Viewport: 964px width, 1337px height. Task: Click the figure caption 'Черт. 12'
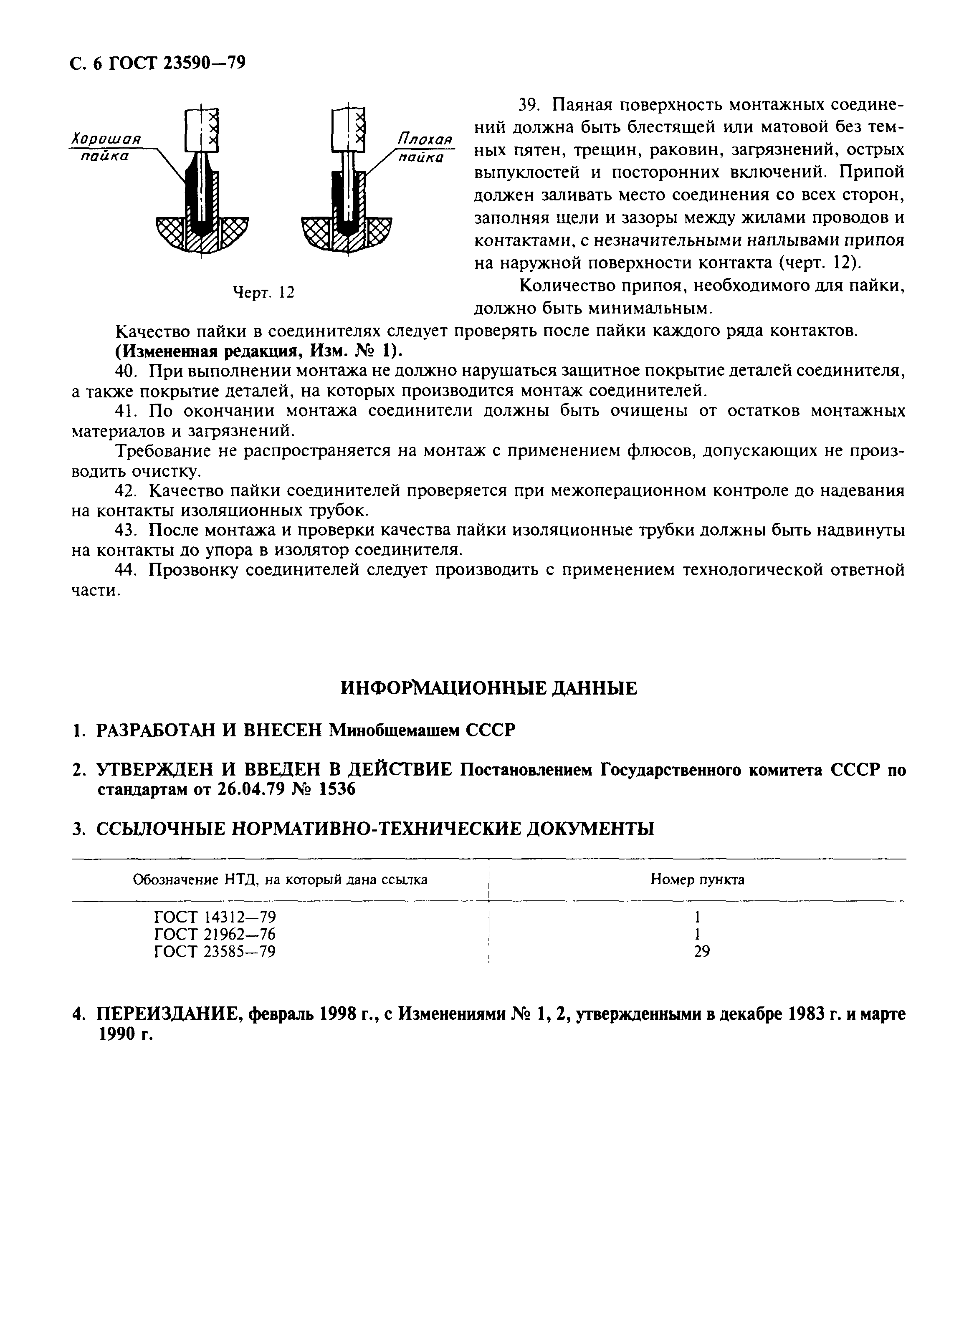pyautogui.click(x=263, y=292)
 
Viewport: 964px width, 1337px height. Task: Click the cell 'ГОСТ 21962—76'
pyautogui.click(x=215, y=934)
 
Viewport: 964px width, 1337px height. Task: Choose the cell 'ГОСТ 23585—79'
pyautogui.click(x=215, y=951)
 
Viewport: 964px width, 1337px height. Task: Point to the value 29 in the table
pyautogui.click(x=702, y=951)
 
